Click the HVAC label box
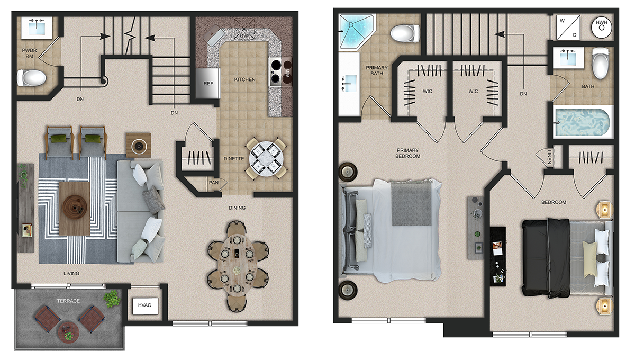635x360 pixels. click(x=145, y=305)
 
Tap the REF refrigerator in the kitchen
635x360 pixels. click(x=208, y=84)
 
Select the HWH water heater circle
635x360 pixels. click(x=602, y=27)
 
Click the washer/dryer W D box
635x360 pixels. click(x=568, y=28)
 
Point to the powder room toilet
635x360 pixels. click(x=31, y=77)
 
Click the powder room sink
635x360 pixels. click(x=37, y=28)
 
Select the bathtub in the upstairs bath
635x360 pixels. click(x=582, y=122)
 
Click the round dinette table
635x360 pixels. click(x=266, y=158)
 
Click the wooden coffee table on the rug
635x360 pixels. click(x=75, y=209)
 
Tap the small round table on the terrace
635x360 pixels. click(x=68, y=332)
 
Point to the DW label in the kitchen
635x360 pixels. click(x=244, y=36)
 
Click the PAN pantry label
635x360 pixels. click(x=213, y=183)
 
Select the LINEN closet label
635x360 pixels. click(x=549, y=157)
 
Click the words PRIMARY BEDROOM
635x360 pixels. click(x=407, y=153)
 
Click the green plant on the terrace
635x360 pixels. click(x=112, y=299)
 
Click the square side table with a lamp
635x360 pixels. click(x=138, y=146)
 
